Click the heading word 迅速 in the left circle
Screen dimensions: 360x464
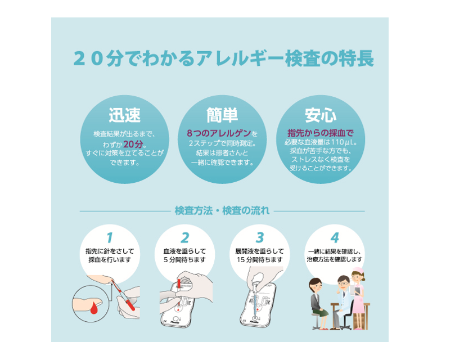pyautogui.click(x=124, y=115)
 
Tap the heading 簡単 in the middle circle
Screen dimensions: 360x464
pyautogui.click(x=223, y=115)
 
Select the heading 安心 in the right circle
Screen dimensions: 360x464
pyautogui.click(x=321, y=115)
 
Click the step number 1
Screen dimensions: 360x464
pyautogui.click(x=110, y=237)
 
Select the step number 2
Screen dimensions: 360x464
pyautogui.click(x=185, y=237)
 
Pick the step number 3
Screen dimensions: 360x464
pyautogui.click(x=259, y=237)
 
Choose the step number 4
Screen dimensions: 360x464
pyautogui.click(x=335, y=237)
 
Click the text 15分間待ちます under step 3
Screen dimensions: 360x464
pyautogui.click(x=259, y=260)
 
